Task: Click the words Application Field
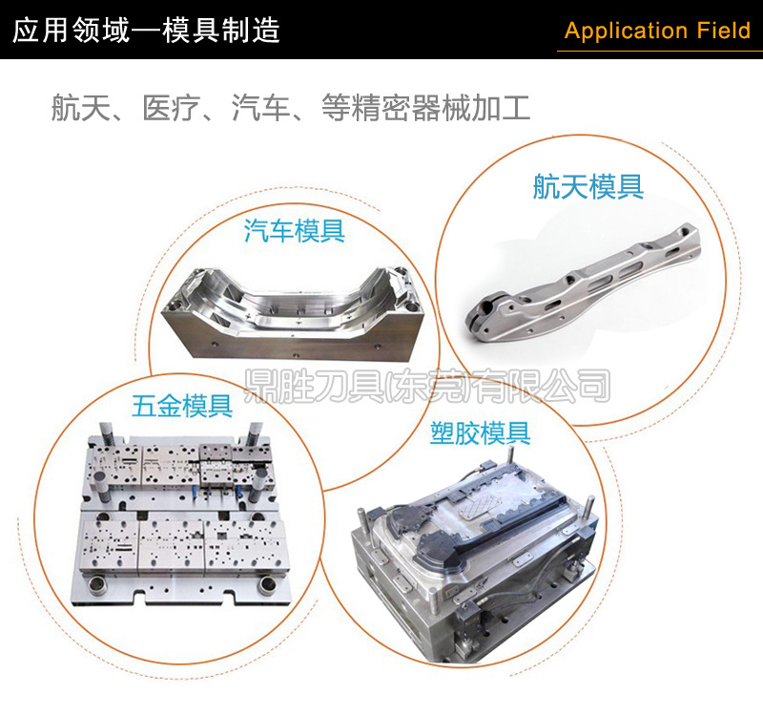coord(657,31)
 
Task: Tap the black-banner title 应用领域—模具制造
coord(146,31)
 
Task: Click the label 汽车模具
coord(295,230)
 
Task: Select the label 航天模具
coord(588,186)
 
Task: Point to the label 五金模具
coord(182,406)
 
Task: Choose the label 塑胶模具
coord(481,433)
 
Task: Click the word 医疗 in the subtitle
coord(172,108)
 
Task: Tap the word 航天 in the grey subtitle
coord(81,108)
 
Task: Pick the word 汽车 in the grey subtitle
coord(260,108)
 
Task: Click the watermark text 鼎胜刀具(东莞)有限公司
coord(426,386)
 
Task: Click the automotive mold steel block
coord(293,314)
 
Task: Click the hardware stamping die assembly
coord(181,515)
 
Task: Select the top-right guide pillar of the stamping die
coord(255,434)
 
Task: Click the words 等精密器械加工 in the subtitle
coord(425,108)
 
